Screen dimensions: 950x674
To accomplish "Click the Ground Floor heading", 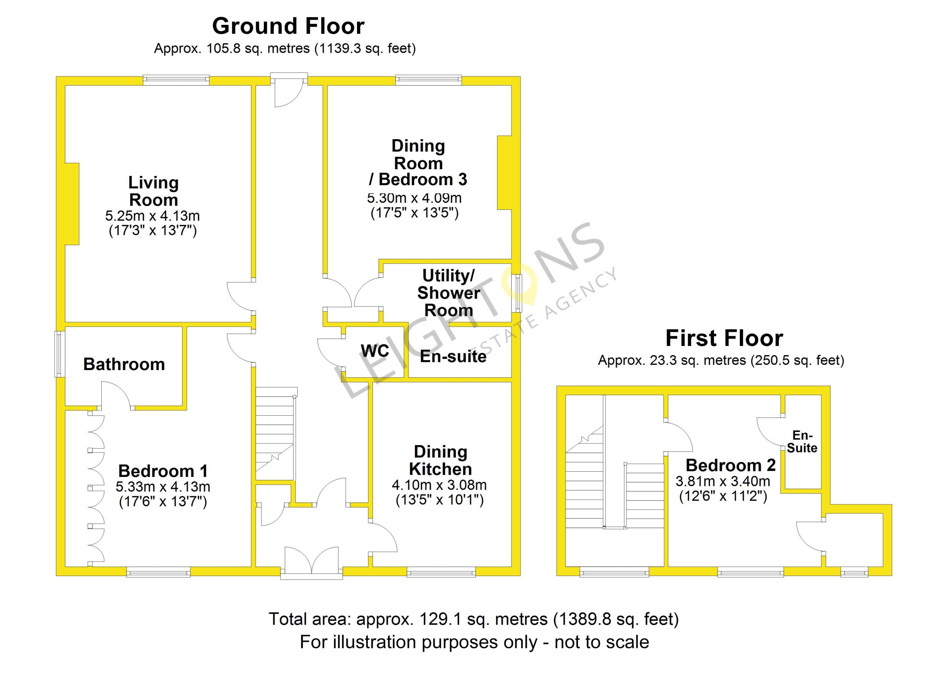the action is [x=288, y=26].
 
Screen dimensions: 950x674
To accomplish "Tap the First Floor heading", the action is [x=724, y=338].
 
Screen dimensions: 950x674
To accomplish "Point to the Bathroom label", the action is [x=124, y=364].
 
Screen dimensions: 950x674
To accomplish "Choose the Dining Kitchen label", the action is [x=440, y=460].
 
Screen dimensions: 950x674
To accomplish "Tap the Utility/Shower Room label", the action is [x=448, y=293].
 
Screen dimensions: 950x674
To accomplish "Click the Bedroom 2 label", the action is [x=731, y=465].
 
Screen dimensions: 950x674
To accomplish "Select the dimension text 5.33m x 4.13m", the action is [x=163, y=487].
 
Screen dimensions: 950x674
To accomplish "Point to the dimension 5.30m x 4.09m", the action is [x=415, y=198].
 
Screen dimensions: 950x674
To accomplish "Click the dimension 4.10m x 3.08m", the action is [x=439, y=485].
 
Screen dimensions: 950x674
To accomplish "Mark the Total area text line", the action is [x=474, y=619].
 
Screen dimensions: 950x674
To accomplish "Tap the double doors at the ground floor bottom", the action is [x=312, y=561].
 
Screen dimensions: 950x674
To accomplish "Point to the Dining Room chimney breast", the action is [x=504, y=173].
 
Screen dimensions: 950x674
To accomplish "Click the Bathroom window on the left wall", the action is [x=60, y=354].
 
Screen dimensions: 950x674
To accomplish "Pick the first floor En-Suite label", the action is [x=802, y=441].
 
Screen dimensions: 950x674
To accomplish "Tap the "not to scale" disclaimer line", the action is [x=475, y=642].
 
